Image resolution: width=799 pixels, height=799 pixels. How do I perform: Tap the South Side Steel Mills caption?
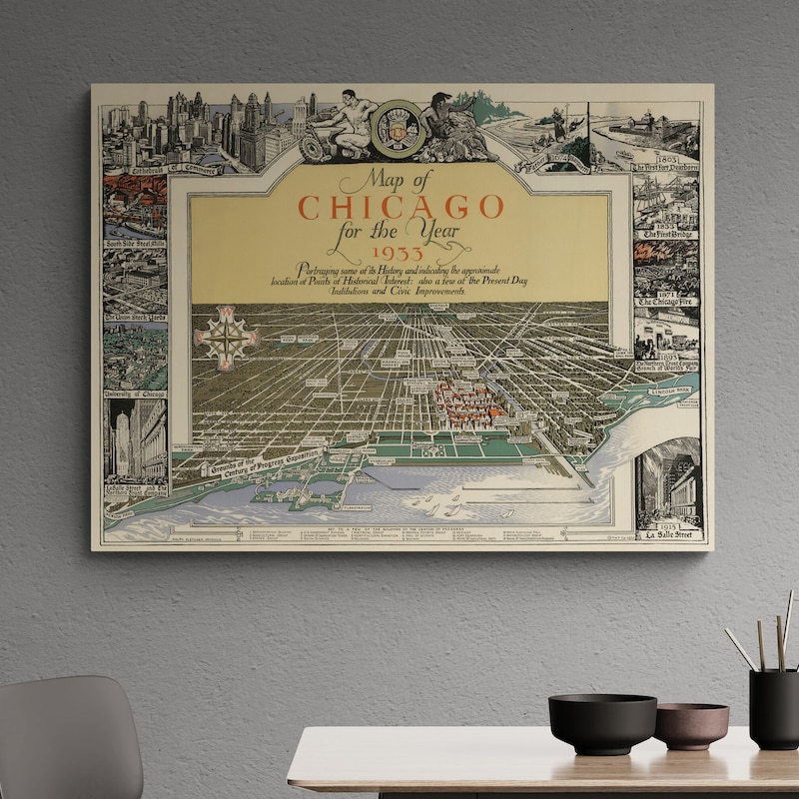click(136, 242)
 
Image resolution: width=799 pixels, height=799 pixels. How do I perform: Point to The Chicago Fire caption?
click(667, 300)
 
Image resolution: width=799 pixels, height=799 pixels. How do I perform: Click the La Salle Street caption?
click(669, 534)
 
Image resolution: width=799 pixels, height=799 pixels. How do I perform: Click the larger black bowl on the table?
click(602, 722)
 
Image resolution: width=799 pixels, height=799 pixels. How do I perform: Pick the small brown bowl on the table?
click(690, 725)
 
